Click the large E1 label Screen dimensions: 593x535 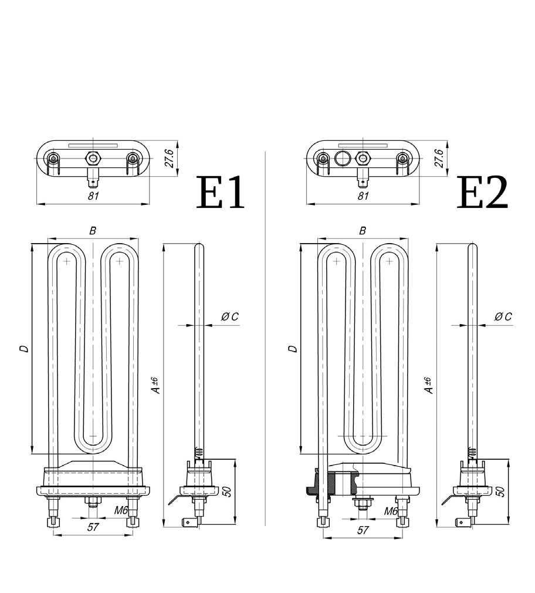coord(221,193)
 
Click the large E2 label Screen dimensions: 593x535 coord(482,193)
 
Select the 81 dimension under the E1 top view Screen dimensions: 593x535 coord(93,196)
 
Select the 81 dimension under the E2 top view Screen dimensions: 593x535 coord(363,196)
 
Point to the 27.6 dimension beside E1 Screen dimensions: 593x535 coord(169,159)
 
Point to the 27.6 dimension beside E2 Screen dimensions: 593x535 coord(439,159)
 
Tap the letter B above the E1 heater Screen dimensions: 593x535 coord(93,231)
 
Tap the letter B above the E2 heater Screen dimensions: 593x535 coord(363,231)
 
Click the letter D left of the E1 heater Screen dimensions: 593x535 coord(24,349)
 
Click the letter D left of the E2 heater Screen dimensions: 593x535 coord(294,349)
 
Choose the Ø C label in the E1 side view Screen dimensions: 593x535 coord(229,317)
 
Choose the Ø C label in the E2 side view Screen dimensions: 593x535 coord(503,317)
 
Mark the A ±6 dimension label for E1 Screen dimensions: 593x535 coord(155,385)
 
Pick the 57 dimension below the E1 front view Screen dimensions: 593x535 coord(93,527)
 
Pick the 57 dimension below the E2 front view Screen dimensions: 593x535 coord(363,530)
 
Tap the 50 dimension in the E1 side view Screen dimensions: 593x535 coord(228,490)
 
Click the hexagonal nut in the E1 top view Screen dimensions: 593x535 coord(92,157)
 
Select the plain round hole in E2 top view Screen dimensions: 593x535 coord(342,157)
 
